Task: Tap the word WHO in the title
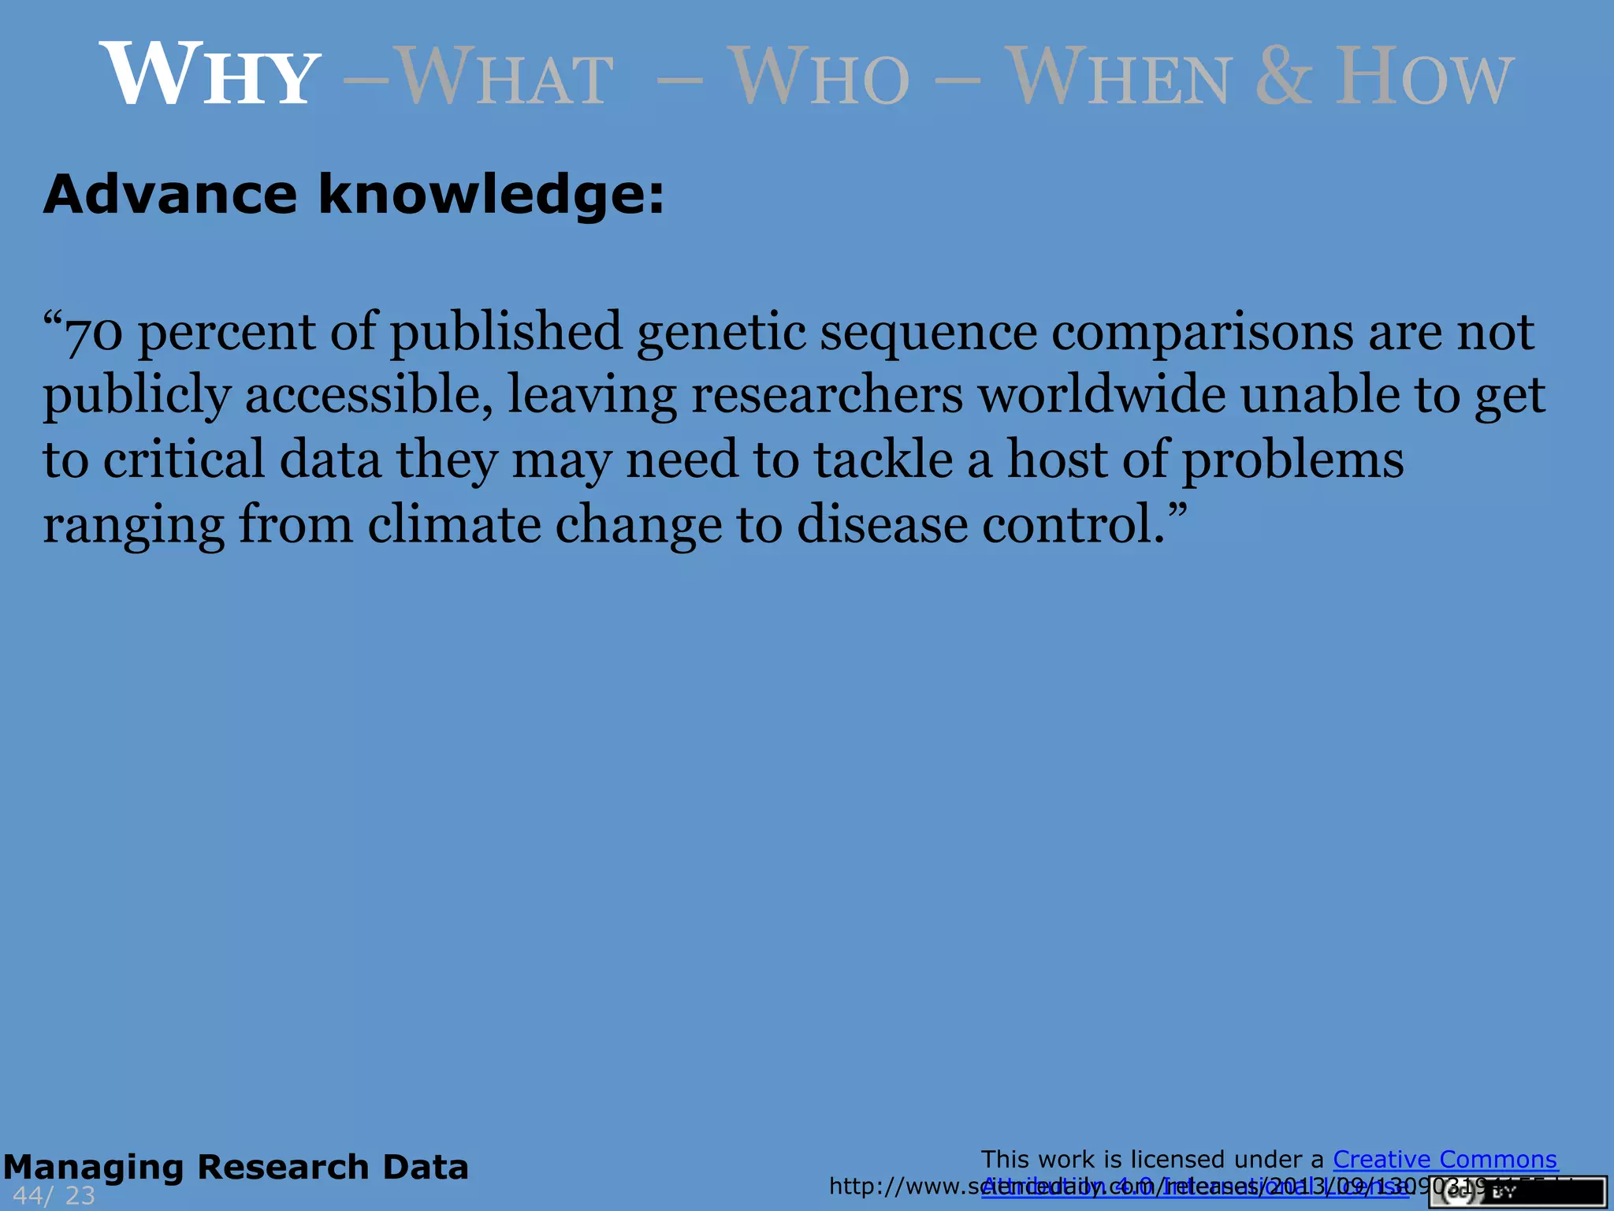(819, 77)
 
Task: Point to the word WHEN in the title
(1120, 77)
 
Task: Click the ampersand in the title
(1284, 76)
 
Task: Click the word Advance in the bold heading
(170, 194)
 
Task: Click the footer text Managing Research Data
(236, 1168)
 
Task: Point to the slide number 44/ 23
(54, 1196)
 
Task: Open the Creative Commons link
(1445, 1160)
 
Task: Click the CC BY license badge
(1517, 1193)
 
